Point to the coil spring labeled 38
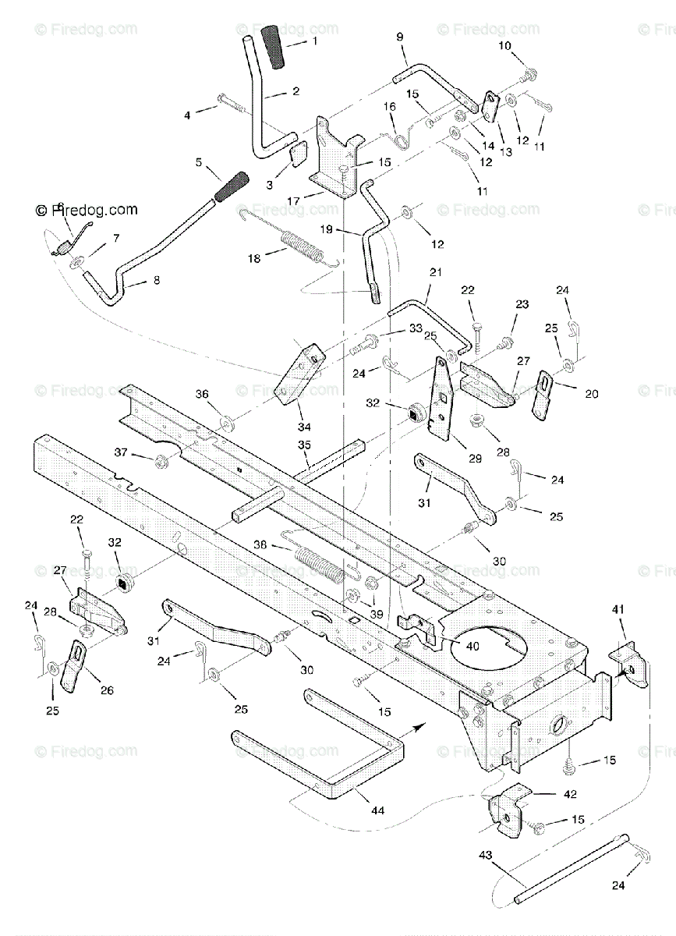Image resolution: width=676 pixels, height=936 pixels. pyautogui.click(x=318, y=562)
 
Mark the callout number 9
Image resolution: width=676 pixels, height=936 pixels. pyautogui.click(x=400, y=37)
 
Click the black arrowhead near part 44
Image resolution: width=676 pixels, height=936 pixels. pyautogui.click(x=419, y=727)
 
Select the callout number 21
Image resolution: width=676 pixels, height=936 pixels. pyautogui.click(x=435, y=273)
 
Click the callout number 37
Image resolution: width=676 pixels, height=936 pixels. pyautogui.click(x=120, y=452)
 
